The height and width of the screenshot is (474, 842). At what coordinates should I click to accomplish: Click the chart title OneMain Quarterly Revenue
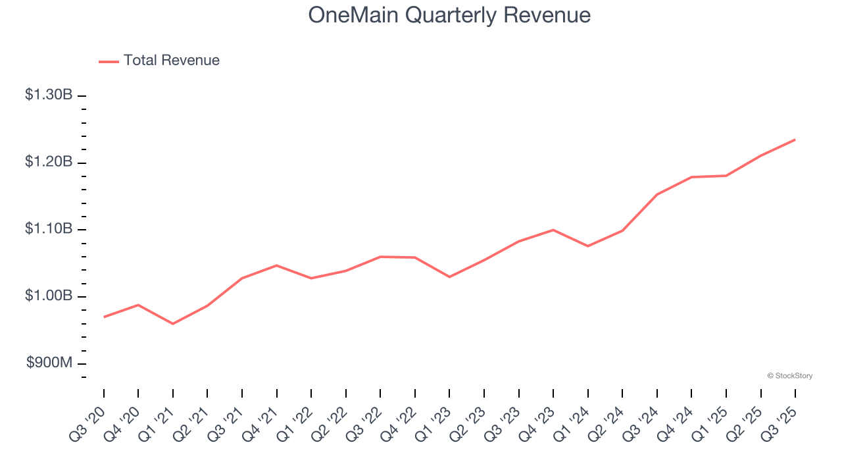449,15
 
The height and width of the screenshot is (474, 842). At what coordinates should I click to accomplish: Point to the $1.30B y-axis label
49,95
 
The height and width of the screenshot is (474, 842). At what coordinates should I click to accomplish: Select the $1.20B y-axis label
49,162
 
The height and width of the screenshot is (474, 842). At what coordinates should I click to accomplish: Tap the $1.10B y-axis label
49,229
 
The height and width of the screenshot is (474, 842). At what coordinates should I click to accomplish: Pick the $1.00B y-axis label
49,296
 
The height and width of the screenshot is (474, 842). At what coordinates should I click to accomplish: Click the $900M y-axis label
50,363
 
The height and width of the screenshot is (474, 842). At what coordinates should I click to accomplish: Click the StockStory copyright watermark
789,376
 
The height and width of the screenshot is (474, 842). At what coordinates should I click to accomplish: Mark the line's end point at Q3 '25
795,140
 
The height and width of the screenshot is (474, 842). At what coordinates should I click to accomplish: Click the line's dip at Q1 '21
173,324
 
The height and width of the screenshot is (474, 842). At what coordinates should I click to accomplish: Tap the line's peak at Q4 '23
553,230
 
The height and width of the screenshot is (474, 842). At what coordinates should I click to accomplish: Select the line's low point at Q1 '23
449,276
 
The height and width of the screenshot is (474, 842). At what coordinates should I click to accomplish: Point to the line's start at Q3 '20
104,317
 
